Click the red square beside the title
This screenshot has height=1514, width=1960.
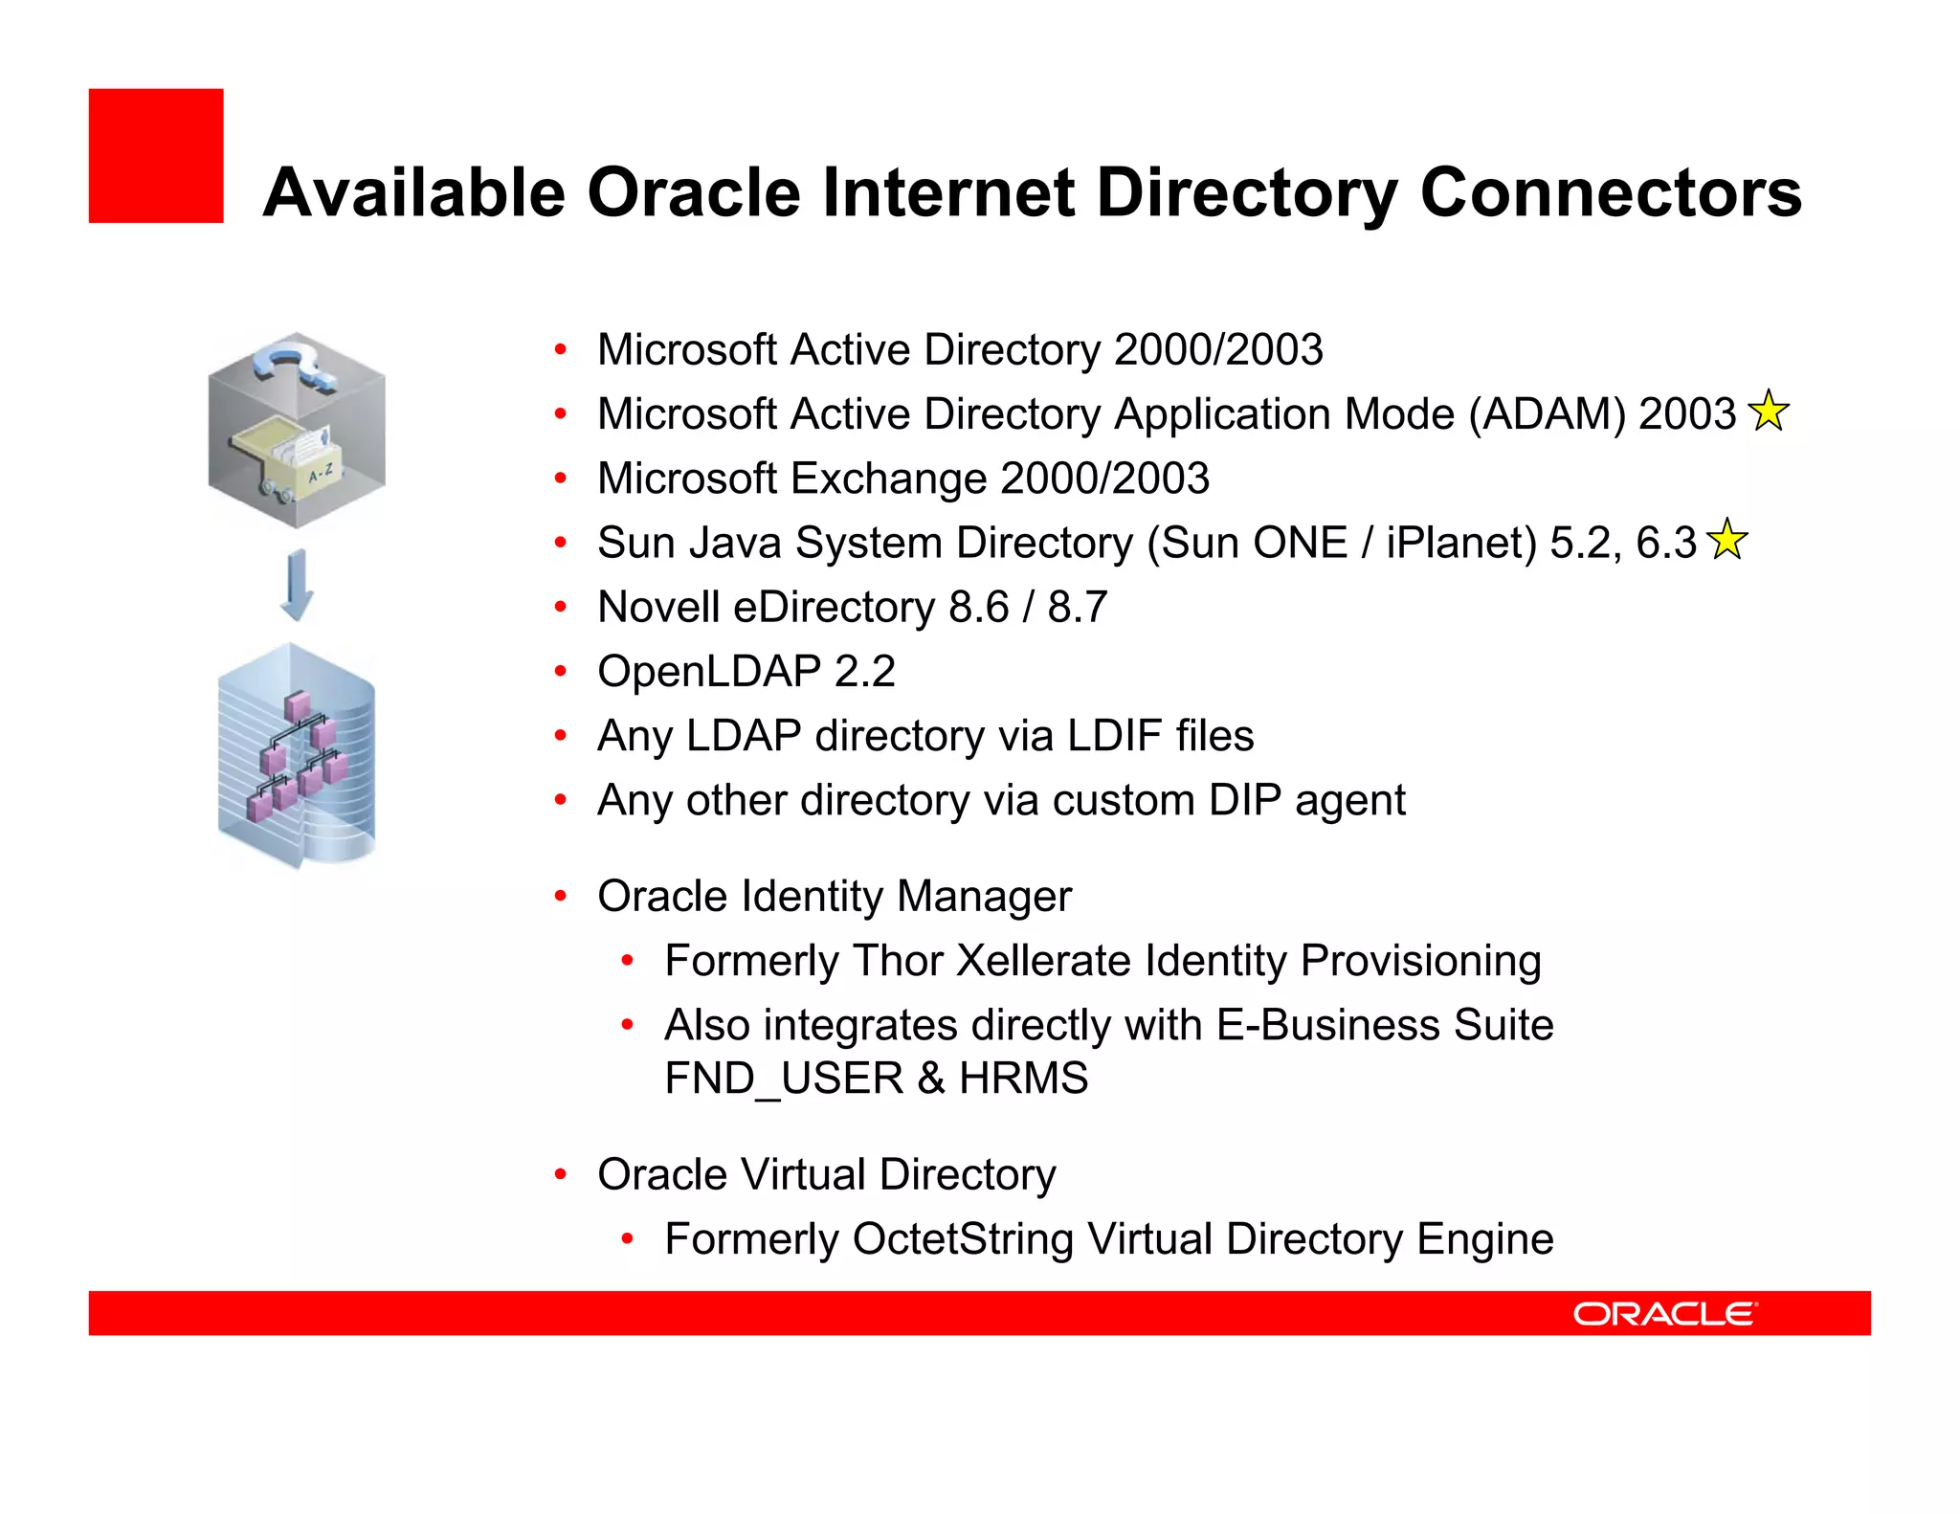point(156,156)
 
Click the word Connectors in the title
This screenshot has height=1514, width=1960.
point(1610,193)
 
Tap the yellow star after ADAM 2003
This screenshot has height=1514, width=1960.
point(1768,412)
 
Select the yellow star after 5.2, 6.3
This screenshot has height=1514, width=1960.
point(1726,540)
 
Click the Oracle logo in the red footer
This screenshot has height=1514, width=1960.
point(1664,1314)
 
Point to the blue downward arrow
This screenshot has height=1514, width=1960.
point(297,585)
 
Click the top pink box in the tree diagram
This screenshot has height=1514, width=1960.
point(298,706)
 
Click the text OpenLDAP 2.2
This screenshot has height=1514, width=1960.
point(746,672)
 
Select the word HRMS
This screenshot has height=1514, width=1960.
point(1023,1079)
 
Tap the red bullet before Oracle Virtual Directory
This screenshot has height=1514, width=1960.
point(561,1174)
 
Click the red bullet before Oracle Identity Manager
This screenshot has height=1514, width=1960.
point(561,897)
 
